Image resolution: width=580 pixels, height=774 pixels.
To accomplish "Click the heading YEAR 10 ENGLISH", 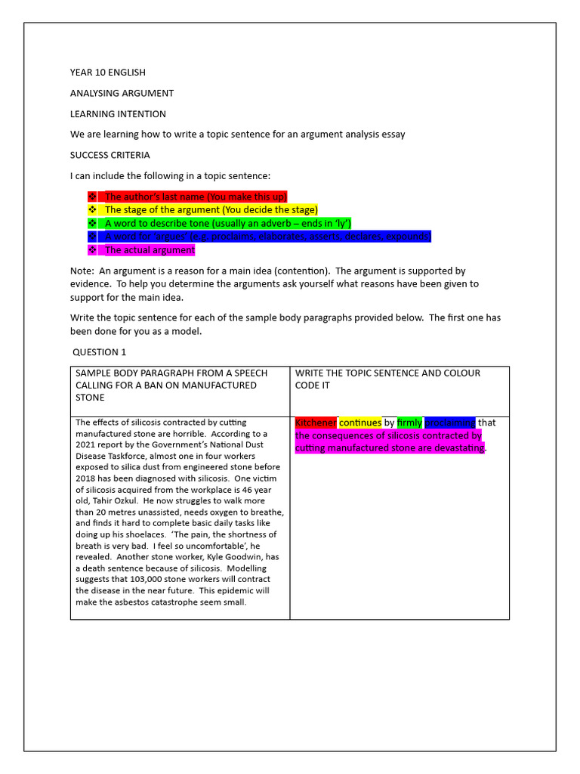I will click(x=108, y=73).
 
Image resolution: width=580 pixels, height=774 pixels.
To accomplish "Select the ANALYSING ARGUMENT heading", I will click(x=122, y=93).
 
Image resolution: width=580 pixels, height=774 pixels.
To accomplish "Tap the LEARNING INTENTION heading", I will click(x=118, y=114).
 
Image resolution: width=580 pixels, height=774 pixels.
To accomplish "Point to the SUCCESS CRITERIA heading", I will click(x=110, y=155).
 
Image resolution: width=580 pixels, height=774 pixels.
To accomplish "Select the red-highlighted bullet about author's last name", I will click(x=195, y=197).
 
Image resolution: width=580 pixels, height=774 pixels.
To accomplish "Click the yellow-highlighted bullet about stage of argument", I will click(x=211, y=209).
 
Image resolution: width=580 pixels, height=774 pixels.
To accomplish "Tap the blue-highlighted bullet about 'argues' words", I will click(x=267, y=237).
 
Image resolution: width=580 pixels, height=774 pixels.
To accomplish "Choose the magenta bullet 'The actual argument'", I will click(x=150, y=250).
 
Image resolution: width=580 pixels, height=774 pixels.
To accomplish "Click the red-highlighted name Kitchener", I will click(x=316, y=423).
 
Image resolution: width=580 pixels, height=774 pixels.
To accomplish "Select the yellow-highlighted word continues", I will click(x=360, y=423).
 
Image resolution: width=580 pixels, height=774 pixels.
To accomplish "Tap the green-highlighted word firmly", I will click(x=409, y=423).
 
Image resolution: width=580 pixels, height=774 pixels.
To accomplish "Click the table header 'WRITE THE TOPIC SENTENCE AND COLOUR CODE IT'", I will click(x=387, y=379).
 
